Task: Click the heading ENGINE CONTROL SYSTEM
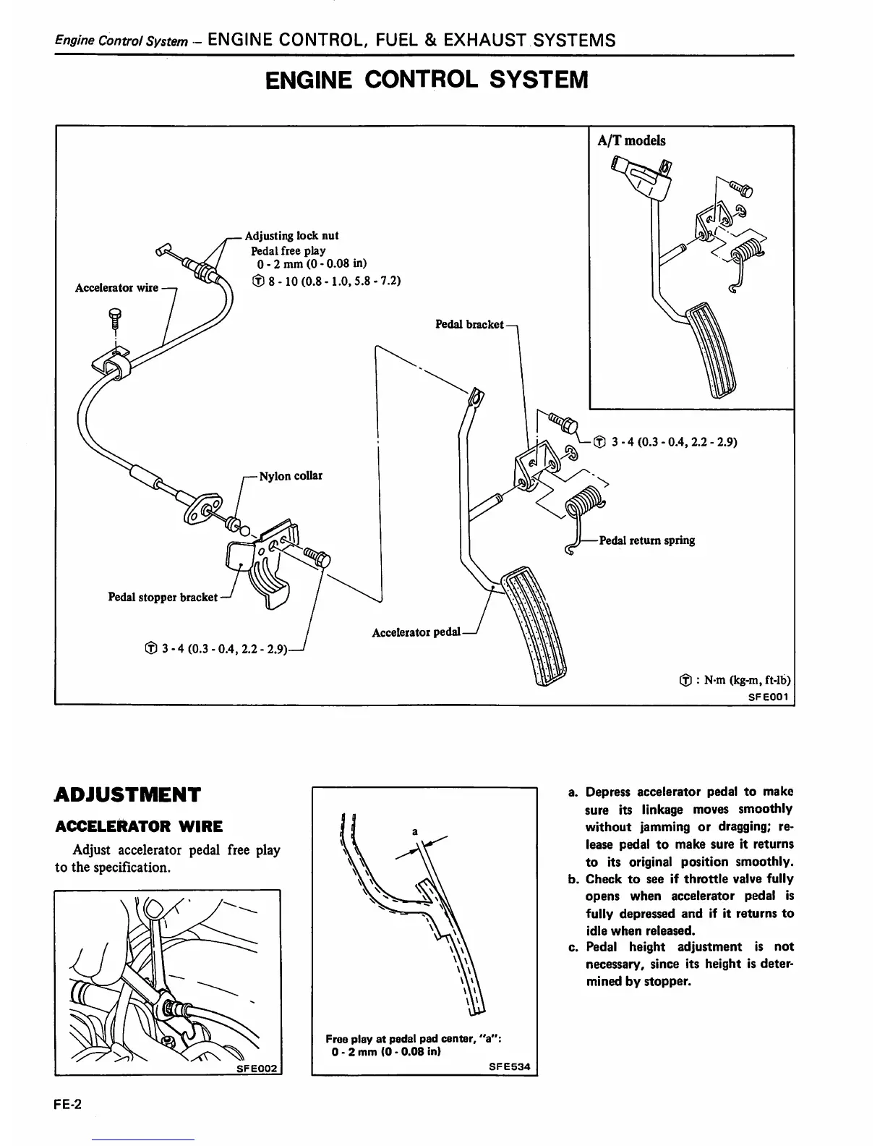pos(427,80)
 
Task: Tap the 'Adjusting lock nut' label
pos(291,236)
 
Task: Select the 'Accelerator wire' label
pos(116,288)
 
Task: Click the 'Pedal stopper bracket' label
pos(163,597)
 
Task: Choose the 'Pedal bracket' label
pos(469,324)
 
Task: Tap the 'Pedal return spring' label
pos(647,540)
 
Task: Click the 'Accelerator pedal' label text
pos(416,632)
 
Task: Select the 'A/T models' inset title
pos(631,140)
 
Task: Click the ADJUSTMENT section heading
pos(127,795)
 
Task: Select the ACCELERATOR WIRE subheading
pos(139,826)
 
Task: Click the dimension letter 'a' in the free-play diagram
pos(415,832)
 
